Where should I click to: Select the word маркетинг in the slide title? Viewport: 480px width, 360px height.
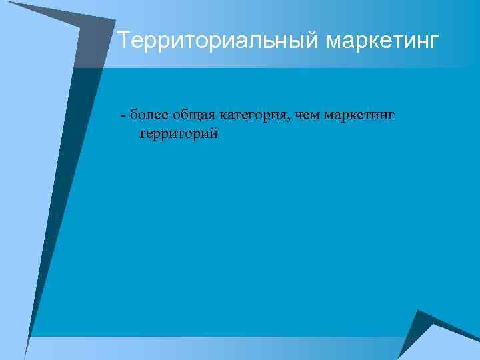click(383, 41)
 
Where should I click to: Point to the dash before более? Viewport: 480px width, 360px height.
click(123, 115)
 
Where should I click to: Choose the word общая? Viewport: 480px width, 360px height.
click(193, 115)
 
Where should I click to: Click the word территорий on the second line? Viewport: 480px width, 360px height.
click(177, 134)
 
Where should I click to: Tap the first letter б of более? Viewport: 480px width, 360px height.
click(134, 114)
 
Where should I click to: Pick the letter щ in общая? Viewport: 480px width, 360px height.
click(196, 115)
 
